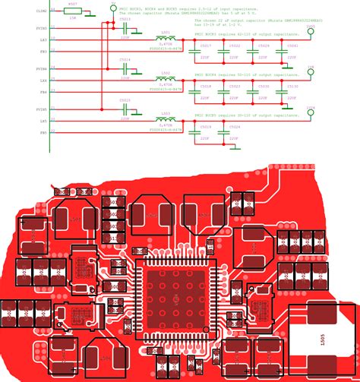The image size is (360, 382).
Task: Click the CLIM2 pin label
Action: click(x=40, y=11)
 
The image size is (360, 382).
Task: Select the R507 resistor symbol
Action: click(x=71, y=11)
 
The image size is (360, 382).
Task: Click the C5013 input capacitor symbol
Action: click(x=125, y=26)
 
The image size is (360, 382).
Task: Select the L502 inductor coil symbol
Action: click(x=165, y=78)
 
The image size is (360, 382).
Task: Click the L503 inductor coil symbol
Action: click(x=165, y=119)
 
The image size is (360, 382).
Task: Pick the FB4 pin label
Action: click(x=43, y=91)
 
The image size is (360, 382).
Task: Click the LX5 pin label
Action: click(x=43, y=120)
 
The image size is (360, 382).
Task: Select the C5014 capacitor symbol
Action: click(x=125, y=67)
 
